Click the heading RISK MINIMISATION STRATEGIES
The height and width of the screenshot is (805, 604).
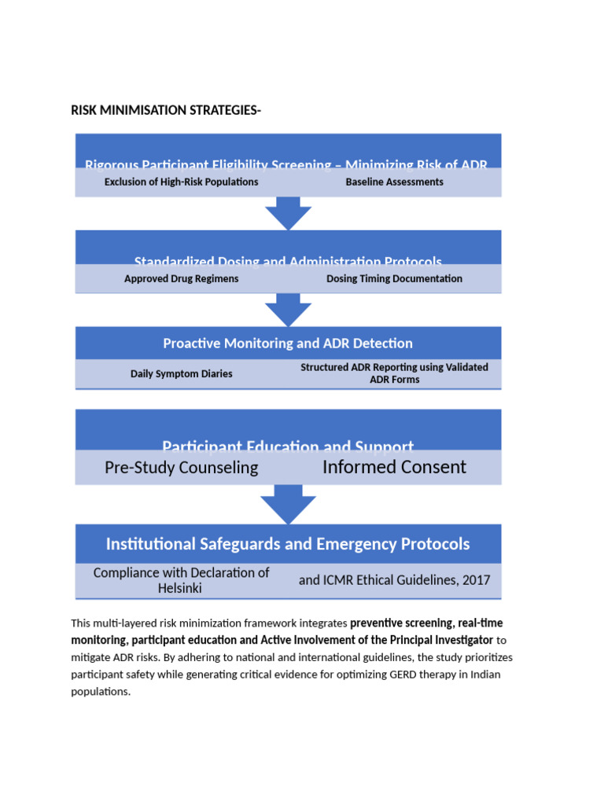click(x=166, y=110)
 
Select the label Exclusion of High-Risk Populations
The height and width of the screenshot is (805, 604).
click(x=182, y=182)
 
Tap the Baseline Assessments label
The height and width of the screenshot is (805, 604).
click(x=394, y=182)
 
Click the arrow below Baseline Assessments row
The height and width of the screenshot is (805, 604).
click(x=288, y=213)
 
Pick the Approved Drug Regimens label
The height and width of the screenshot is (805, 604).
click(x=182, y=278)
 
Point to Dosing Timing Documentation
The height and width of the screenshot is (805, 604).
click(x=394, y=278)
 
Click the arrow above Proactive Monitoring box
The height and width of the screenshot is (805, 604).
click(x=288, y=310)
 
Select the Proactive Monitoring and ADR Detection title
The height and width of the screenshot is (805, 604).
click(x=288, y=344)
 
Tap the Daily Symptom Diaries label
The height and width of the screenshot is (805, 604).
click(x=182, y=373)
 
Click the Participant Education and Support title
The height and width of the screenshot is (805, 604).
click(x=288, y=445)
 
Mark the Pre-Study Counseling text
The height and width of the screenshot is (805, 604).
click(x=182, y=468)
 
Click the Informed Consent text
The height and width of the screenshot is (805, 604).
click(x=394, y=467)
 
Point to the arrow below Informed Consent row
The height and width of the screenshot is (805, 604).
click(x=288, y=504)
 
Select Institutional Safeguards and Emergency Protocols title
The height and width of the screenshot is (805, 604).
click(x=288, y=544)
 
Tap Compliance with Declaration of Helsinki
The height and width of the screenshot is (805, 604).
click(x=182, y=580)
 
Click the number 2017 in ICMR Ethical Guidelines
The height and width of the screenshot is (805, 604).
click(x=476, y=580)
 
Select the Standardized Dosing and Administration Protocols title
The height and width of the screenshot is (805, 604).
click(x=288, y=261)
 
